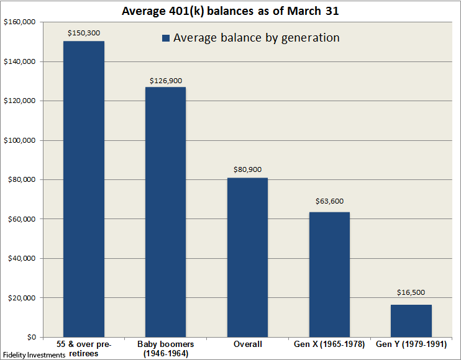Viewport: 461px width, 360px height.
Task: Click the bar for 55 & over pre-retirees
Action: click(x=84, y=189)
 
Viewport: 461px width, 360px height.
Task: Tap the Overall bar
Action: click(x=247, y=258)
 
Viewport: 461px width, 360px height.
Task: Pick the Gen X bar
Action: click(x=329, y=274)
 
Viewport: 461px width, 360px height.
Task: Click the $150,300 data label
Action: click(x=84, y=33)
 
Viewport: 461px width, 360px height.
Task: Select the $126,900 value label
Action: click(x=165, y=81)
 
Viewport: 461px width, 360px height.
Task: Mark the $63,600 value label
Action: click(x=329, y=201)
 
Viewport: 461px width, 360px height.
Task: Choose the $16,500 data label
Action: click(x=411, y=292)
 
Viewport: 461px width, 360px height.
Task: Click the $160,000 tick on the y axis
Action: click(x=21, y=22)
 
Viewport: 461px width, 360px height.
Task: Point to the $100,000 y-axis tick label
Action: click(x=21, y=140)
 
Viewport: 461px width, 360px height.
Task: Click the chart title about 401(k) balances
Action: click(x=231, y=11)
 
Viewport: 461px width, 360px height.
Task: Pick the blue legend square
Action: click(x=166, y=38)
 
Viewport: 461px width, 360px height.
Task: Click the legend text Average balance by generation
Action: click(x=256, y=38)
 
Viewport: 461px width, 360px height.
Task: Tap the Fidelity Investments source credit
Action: click(x=34, y=355)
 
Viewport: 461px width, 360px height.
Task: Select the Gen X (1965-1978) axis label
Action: click(x=329, y=344)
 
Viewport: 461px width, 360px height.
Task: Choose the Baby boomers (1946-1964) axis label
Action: click(x=165, y=348)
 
